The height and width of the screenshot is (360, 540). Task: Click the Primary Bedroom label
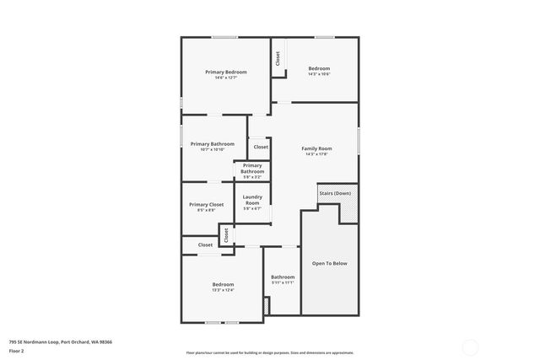[226, 73]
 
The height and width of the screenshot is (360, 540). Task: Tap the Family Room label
[317, 148]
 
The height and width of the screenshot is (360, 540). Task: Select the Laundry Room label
[252, 200]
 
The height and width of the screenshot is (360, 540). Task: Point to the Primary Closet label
[206, 205]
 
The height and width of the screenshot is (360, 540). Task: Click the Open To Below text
[329, 263]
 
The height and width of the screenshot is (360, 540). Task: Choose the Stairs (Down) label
[335, 193]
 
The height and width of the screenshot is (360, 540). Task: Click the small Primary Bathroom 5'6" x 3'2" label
[252, 169]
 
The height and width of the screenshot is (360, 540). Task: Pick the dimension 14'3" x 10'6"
[319, 74]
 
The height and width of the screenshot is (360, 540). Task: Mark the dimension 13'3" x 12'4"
[223, 290]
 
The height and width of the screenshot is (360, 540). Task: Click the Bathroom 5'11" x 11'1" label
[283, 279]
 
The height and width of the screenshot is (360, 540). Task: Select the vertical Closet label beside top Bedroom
[278, 58]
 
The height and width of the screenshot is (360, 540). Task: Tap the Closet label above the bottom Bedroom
[206, 244]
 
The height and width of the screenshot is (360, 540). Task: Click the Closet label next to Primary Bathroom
[261, 147]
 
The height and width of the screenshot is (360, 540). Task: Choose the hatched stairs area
[349, 205]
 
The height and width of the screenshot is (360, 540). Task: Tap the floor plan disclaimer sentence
[270, 352]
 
